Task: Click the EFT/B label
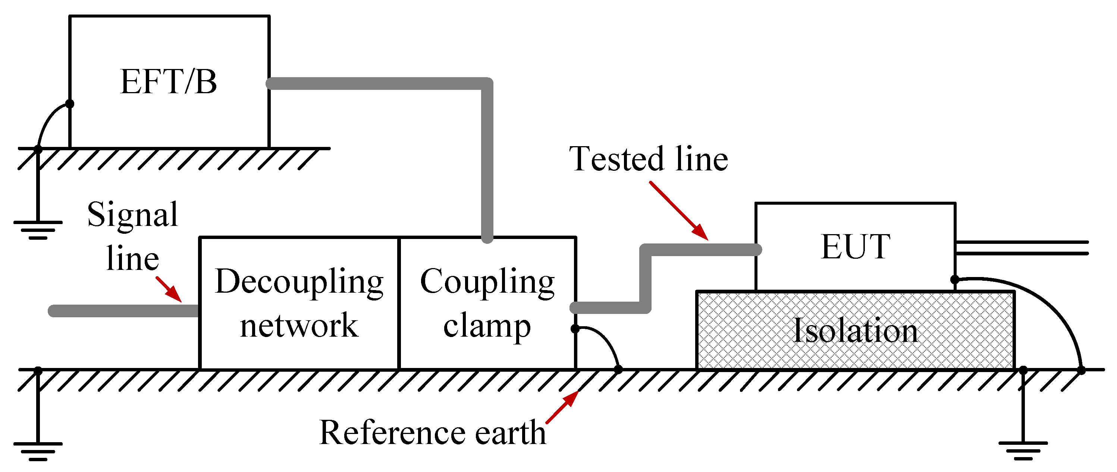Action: (168, 82)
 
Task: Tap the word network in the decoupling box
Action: (299, 325)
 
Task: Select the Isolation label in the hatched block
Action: (855, 331)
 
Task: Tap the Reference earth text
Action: (432, 432)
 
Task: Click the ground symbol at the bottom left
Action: (38, 450)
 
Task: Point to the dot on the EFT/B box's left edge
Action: (69, 104)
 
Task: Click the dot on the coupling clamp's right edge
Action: (575, 329)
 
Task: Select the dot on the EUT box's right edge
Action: (954, 280)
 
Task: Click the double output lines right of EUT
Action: (1021, 248)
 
